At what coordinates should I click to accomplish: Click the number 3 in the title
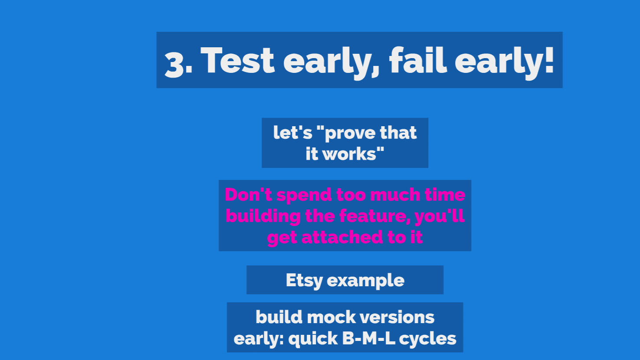(175, 65)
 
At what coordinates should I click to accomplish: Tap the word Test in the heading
(238, 60)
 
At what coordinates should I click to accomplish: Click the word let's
(292, 133)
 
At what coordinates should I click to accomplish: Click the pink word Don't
(248, 195)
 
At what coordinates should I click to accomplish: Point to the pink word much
(394, 195)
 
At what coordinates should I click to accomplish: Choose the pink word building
(263, 216)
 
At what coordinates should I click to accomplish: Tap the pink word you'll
(440, 216)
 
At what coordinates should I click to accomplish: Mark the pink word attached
(342, 237)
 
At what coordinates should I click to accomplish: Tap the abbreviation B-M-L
(368, 339)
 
